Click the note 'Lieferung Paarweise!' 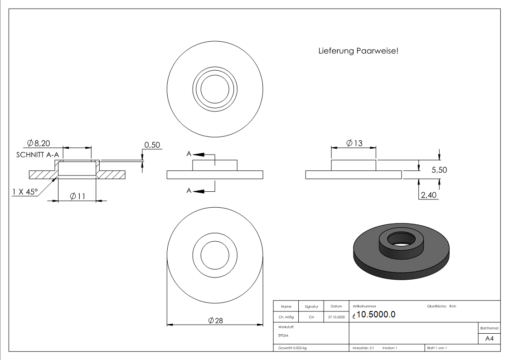(x=359, y=51)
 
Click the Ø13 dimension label (x=354, y=143)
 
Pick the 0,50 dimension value (x=153, y=145)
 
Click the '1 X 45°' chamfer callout (x=25, y=191)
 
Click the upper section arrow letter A (x=189, y=154)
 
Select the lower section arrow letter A (x=189, y=191)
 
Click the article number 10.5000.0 (x=376, y=315)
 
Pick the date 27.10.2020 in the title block (x=336, y=317)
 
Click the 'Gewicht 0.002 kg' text (x=292, y=348)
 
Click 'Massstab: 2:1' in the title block (x=363, y=348)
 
